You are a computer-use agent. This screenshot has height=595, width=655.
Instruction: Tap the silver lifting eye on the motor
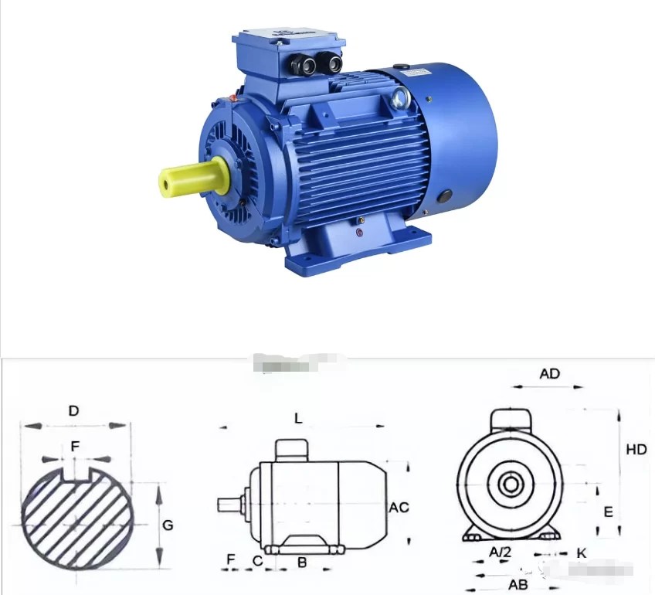399,97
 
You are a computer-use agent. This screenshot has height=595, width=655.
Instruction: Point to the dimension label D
73,411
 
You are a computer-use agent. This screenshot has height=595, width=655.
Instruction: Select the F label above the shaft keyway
74,446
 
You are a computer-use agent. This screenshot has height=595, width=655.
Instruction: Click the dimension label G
168,525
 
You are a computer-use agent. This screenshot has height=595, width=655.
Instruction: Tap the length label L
298,418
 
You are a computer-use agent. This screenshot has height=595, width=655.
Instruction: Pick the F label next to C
230,559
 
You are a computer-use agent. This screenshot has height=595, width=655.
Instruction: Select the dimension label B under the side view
302,562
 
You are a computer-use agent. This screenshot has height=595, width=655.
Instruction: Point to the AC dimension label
399,508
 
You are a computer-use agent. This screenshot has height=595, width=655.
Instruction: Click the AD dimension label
549,374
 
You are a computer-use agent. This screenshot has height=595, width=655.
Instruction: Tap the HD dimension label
636,449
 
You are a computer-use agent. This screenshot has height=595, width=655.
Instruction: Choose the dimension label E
608,512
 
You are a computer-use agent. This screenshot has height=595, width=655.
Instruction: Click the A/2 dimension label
501,552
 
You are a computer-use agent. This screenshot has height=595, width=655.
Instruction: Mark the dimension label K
582,553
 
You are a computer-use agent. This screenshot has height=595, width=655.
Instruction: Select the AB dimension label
518,583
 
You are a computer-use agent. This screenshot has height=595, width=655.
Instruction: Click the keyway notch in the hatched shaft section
74,473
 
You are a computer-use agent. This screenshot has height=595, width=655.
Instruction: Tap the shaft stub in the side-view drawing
230,505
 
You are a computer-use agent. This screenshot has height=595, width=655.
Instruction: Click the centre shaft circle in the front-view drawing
510,484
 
